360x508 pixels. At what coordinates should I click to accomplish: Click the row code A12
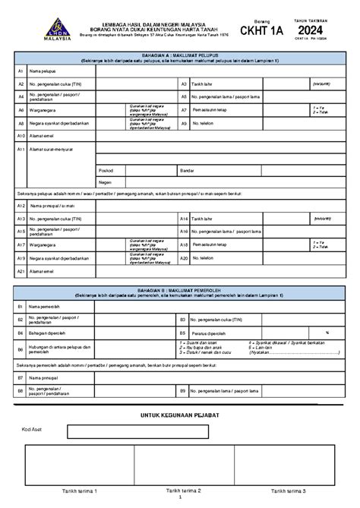(x=21, y=206)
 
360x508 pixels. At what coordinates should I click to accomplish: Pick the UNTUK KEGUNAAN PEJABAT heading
(x=179, y=417)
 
